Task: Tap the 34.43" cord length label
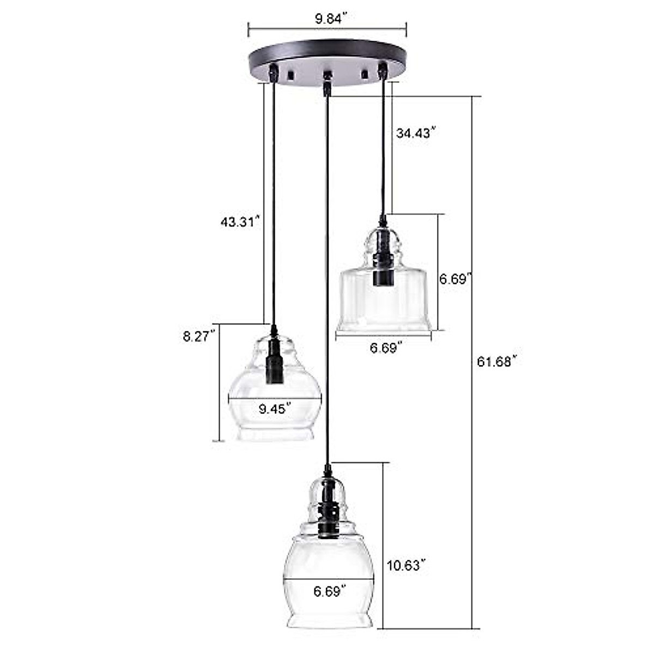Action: point(417,132)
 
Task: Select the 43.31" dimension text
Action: point(238,222)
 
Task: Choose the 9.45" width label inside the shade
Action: point(274,408)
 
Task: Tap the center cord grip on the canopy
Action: point(327,80)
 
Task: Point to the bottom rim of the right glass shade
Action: point(384,326)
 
